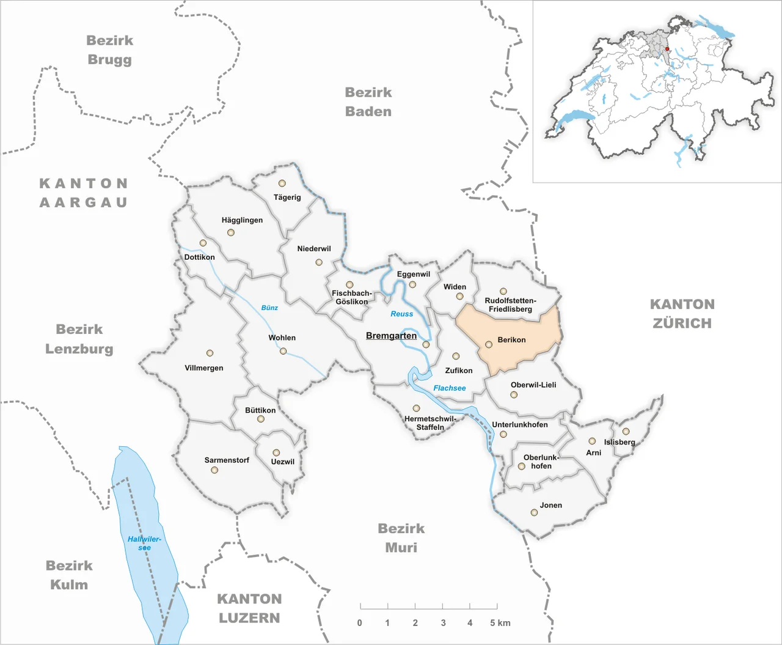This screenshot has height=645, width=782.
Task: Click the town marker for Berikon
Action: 489,344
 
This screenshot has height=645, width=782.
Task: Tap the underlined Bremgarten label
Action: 391,336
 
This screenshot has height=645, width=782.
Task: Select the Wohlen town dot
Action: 283,351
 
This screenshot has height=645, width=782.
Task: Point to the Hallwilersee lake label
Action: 144,543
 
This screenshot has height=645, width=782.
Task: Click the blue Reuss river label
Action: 402,314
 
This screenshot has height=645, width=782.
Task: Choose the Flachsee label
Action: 449,388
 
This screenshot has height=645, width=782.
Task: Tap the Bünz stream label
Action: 269,308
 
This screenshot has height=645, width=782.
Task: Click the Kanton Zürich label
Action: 682,314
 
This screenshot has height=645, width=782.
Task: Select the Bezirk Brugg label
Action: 109,50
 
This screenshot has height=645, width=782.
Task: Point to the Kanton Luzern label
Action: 249,608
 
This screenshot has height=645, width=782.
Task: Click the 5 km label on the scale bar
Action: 500,623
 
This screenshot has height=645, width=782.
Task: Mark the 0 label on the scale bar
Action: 359,623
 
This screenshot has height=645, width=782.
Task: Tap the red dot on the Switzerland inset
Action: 667,49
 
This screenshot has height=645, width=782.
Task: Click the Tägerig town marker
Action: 282,183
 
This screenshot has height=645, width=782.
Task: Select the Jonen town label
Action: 550,505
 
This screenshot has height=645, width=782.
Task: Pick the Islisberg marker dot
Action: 626,431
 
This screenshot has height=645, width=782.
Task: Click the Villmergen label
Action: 204,368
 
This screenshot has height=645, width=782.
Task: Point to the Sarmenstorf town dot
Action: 214,470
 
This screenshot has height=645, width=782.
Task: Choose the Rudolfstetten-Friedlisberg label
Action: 510,304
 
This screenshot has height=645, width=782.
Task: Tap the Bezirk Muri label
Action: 401,538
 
